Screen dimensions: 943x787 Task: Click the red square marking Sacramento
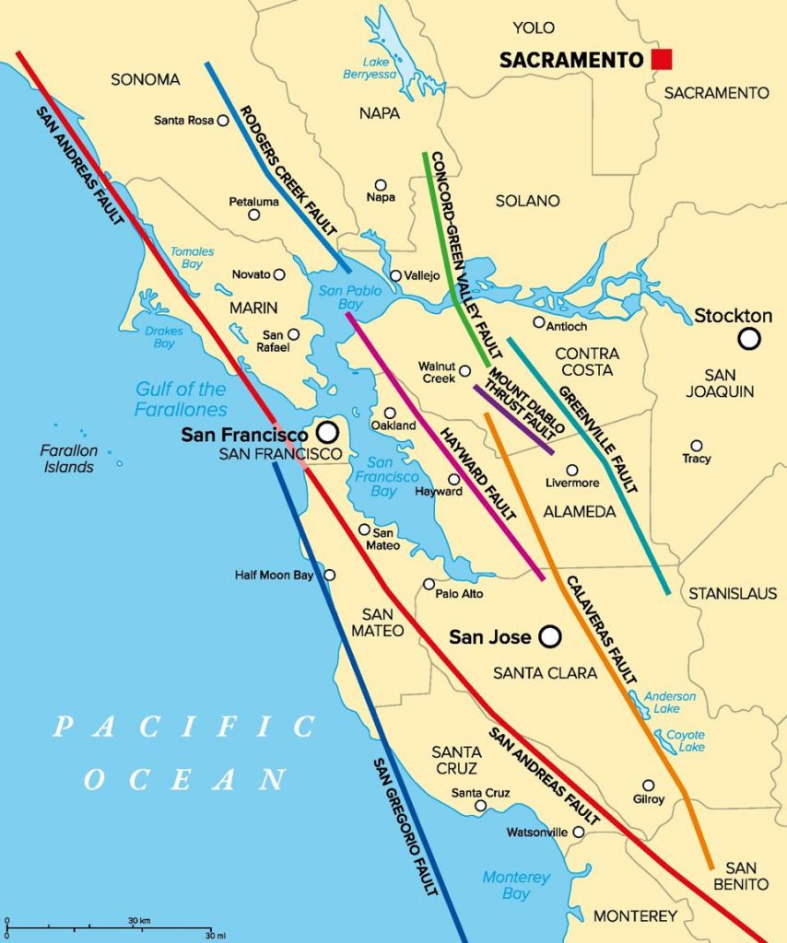(662, 59)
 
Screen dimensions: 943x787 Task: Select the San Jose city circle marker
(550, 635)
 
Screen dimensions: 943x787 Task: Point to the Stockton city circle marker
(750, 339)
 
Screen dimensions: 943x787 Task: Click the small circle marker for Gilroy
(649, 785)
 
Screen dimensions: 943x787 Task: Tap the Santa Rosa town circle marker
(222, 121)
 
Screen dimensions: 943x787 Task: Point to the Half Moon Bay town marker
(329, 575)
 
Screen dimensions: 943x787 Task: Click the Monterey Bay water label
(516, 885)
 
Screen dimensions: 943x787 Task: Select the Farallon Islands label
(68, 459)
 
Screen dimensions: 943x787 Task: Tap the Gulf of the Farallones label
(181, 399)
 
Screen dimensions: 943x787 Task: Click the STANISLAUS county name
(733, 594)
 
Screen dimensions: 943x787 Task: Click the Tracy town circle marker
(697, 446)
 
